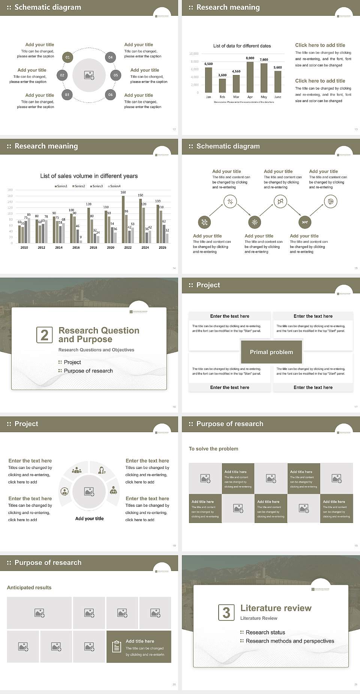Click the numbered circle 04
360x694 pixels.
click(x=110, y=57)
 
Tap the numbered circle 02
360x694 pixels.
click(x=62, y=75)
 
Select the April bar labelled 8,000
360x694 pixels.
click(x=250, y=77)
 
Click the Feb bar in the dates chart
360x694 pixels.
click(x=222, y=85)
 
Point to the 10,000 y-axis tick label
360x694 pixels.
click(x=194, y=54)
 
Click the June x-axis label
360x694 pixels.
click(x=277, y=97)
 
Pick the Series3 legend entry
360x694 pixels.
click(x=96, y=186)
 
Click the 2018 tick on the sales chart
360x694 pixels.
click(x=93, y=248)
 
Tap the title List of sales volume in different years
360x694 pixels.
click(x=89, y=176)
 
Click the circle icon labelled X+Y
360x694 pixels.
click(x=305, y=222)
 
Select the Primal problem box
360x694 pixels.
click(x=271, y=352)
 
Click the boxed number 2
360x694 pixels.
click(x=44, y=335)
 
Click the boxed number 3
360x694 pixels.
click(x=226, y=613)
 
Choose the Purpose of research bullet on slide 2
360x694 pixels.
click(x=88, y=371)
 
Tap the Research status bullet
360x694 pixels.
click(x=265, y=632)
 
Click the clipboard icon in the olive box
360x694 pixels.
click(x=117, y=646)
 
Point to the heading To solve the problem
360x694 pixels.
click(x=213, y=449)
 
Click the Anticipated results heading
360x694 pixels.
click(x=29, y=587)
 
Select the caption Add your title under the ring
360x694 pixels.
click(x=89, y=518)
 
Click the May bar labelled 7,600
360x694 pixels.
click(x=264, y=78)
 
